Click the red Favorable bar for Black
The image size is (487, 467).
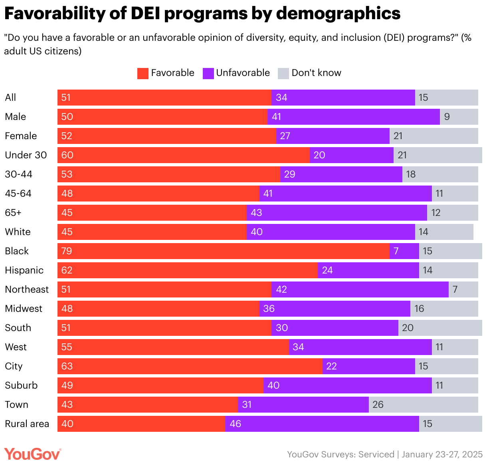(224, 251)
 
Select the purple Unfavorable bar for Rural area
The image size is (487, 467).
(322, 424)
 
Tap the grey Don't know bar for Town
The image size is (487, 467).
(423, 405)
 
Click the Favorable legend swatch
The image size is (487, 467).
(143, 73)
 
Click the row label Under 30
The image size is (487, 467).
(26, 155)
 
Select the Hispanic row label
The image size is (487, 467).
(24, 270)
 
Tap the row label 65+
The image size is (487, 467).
(13, 213)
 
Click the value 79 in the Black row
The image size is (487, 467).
(67, 251)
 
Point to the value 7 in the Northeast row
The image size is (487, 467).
(455, 289)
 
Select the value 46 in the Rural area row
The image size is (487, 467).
(236, 424)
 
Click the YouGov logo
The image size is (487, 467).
(33, 454)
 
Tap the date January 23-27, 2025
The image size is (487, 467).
(442, 455)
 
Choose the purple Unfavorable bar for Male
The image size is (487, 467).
(353, 117)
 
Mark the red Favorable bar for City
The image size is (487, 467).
(190, 366)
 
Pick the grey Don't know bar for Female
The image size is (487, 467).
(434, 136)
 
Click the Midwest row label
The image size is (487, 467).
(24, 309)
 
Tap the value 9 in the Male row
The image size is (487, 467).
(447, 117)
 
